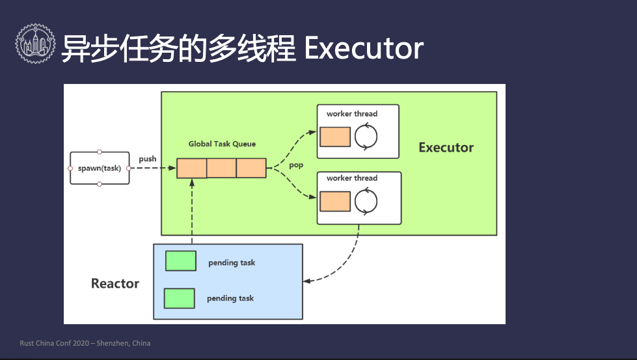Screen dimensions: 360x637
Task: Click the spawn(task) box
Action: click(100, 168)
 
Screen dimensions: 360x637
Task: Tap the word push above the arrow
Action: click(148, 159)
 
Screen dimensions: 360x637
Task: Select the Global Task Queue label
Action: click(222, 144)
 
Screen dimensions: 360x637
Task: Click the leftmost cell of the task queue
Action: click(192, 168)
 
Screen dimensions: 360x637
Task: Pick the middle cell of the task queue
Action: click(221, 168)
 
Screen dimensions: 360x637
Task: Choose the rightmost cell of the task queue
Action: click(251, 168)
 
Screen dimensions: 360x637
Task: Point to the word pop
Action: click(296, 165)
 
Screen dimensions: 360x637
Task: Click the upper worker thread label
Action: click(352, 114)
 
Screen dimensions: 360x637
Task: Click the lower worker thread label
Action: click(352, 178)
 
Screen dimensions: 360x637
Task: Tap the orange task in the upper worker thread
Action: click(335, 137)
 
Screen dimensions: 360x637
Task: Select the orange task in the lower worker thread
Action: click(335, 201)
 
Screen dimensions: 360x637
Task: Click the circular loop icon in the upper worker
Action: click(366, 137)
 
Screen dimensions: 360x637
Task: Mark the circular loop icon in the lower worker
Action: click(366, 201)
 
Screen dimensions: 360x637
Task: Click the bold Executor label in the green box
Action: click(446, 147)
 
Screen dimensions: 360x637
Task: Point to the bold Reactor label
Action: click(115, 283)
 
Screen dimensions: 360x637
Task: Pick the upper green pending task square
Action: click(181, 261)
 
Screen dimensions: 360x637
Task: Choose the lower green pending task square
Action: click(180, 298)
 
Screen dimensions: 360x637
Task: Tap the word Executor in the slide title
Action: click(364, 49)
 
